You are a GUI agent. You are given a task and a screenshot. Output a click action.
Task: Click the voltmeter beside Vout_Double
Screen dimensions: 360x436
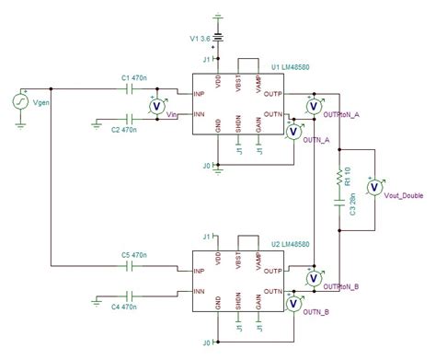tap(374, 188)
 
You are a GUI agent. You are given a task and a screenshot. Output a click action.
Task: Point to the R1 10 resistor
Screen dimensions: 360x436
tap(340, 173)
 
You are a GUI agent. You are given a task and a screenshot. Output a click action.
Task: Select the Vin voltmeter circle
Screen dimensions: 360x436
tap(156, 105)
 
